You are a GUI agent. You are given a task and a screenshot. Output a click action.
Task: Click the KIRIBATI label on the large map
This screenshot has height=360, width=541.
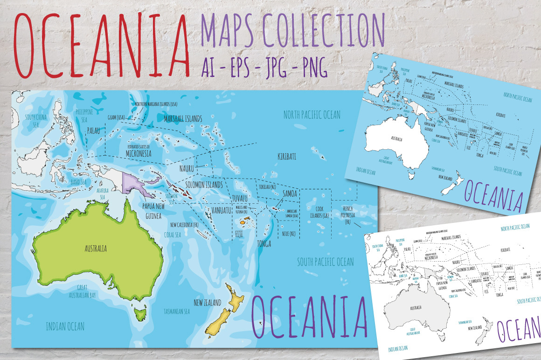click(x=287, y=156)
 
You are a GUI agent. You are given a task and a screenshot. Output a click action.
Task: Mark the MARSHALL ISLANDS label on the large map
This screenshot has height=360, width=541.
click(x=182, y=119)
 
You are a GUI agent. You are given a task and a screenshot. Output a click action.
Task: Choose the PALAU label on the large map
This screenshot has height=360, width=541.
click(x=94, y=132)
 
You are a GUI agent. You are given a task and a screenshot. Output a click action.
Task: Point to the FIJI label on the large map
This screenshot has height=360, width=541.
click(x=240, y=234)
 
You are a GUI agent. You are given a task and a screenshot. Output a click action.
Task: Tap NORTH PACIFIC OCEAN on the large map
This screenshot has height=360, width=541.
click(x=312, y=114)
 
